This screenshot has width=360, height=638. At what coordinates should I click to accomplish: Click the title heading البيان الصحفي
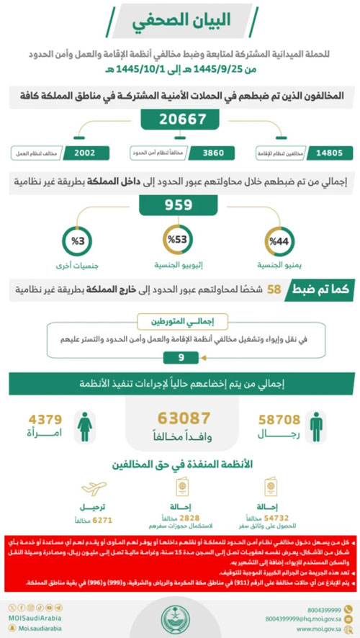pos(178,22)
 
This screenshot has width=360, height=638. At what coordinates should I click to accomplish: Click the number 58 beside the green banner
pos(274,290)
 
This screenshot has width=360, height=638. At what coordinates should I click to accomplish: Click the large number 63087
pos(184,418)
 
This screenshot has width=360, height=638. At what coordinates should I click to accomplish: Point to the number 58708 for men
pos(271,417)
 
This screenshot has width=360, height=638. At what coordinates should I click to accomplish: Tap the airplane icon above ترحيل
pos(97,484)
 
